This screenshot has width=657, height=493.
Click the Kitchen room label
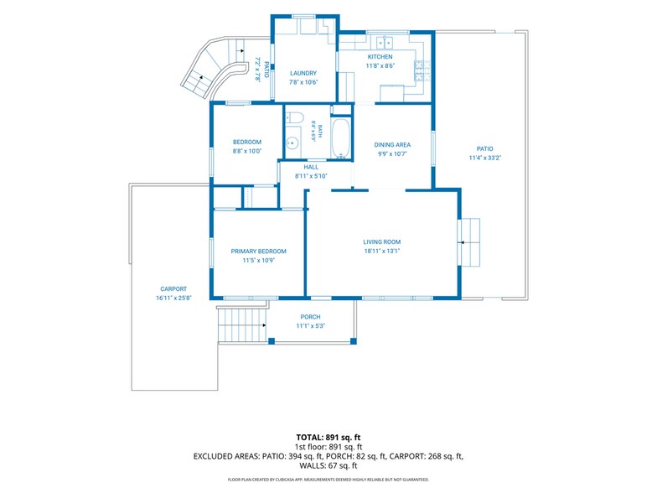tap(380, 57)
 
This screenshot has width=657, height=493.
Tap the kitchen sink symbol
tap(385, 42)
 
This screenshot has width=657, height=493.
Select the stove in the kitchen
tap(422, 70)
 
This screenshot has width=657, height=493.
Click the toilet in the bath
tap(294, 117)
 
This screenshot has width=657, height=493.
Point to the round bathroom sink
tap(292, 143)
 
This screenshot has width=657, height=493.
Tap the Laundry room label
tap(303, 73)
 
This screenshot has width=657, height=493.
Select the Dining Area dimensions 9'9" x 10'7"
tap(392, 154)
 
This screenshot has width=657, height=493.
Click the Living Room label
tap(382, 241)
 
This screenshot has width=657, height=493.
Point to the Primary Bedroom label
tap(258, 252)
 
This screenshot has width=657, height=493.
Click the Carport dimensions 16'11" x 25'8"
tap(173, 298)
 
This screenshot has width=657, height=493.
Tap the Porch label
tap(310, 317)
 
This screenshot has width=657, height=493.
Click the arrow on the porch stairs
tap(264, 325)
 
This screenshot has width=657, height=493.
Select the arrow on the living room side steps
tap(463, 242)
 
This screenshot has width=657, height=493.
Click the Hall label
tap(311, 167)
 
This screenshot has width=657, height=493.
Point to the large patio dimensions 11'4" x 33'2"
tap(485, 158)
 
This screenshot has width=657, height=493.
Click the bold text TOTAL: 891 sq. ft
tap(328, 438)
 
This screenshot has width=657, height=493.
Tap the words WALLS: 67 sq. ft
tap(328, 466)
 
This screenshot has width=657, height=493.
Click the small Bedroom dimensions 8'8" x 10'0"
tap(247, 151)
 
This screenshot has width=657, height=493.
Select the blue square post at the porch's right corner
tap(354, 340)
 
